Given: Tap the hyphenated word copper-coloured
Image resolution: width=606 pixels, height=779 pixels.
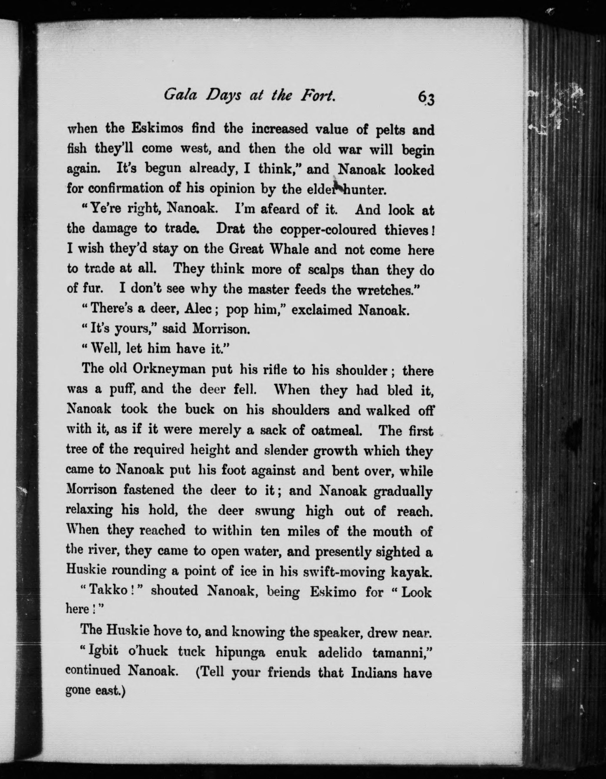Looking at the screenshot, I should coord(328,230).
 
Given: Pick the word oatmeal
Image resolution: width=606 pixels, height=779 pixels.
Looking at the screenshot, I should coord(336,431).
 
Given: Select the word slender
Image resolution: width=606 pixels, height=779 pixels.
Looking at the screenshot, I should coord(287,451).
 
